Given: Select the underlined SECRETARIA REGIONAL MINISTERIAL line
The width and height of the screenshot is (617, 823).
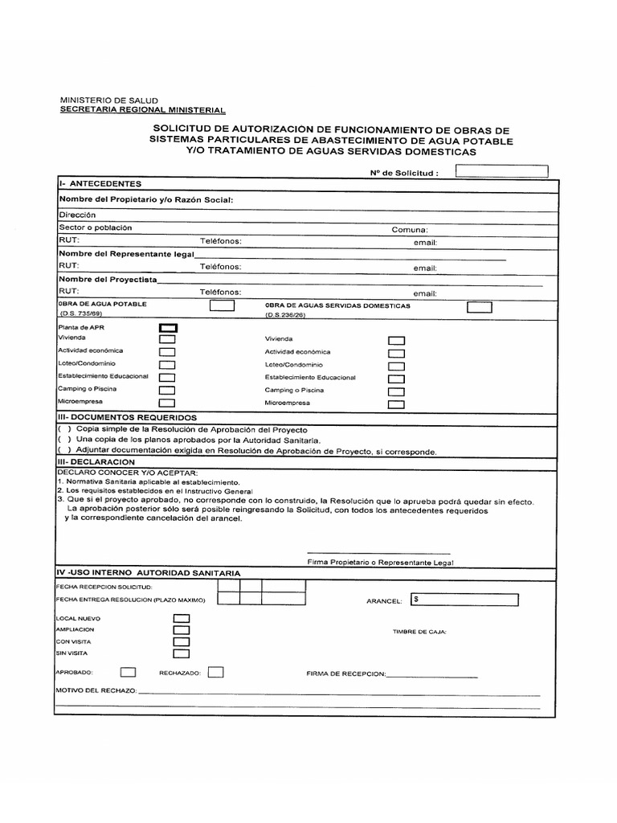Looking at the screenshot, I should pos(143,110).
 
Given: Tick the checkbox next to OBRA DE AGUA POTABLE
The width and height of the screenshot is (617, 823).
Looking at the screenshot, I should pos(222,305).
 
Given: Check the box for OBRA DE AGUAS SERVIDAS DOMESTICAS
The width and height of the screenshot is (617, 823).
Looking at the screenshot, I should pos(479,306).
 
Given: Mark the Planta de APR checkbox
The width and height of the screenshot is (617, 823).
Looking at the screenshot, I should pos(168,328).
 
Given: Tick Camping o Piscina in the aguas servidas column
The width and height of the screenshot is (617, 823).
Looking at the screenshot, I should pos(396,391).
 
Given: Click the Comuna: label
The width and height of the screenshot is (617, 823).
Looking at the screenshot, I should pos(410,230).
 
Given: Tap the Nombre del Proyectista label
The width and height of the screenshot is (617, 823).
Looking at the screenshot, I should pos(108,280).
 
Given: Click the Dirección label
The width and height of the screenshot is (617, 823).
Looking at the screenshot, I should pos(77,215).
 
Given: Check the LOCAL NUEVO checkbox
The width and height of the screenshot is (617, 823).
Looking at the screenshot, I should pos(182,618).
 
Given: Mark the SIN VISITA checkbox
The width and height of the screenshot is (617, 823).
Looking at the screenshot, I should pos(182,653).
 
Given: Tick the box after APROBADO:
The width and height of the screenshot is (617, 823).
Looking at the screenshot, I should pos(128,672).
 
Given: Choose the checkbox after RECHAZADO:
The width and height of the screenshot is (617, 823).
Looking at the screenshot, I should pos(215,672).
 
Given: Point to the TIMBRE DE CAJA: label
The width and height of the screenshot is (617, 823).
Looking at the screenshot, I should pos(419,632).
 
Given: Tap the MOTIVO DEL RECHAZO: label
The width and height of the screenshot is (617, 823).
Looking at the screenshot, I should pos(96,691).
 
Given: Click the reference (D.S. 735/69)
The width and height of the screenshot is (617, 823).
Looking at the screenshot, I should pos(81,316).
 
